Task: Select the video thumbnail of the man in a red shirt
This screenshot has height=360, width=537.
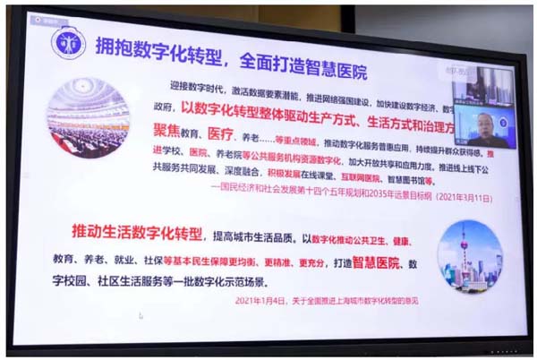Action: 484,129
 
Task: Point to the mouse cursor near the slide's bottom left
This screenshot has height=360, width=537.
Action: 141,315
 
